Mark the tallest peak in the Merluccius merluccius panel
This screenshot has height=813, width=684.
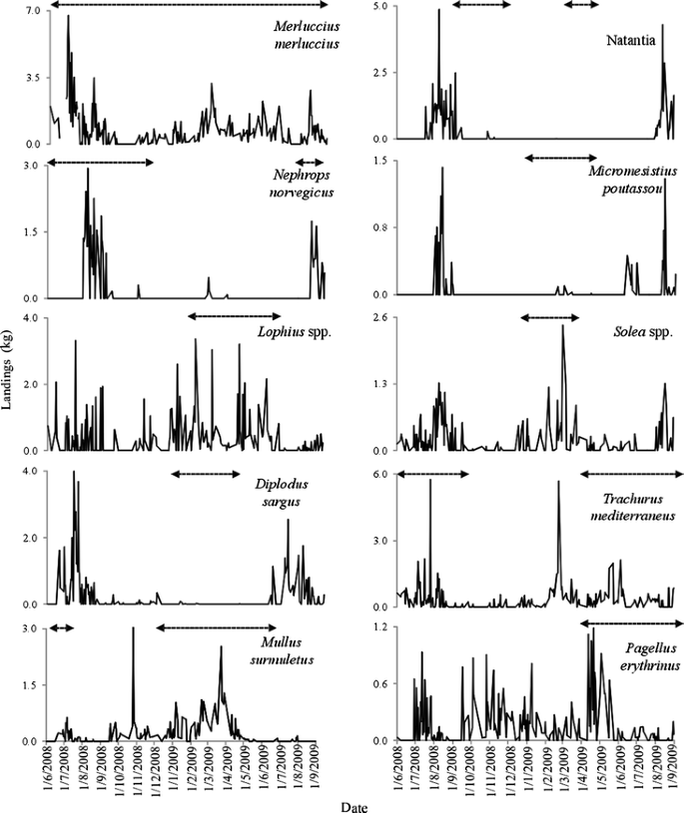tap(68, 17)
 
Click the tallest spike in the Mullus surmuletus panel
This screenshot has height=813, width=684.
tap(133, 629)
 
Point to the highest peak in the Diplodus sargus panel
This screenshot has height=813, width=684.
tap(74, 473)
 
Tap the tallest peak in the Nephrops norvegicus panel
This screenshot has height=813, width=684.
tap(88, 170)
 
